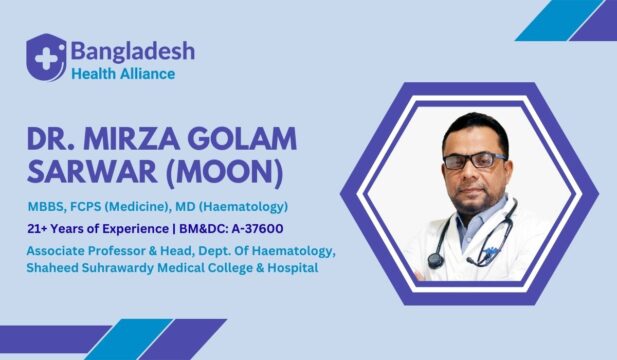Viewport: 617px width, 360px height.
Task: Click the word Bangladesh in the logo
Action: (132, 49)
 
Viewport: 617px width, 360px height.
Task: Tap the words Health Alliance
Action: (122, 74)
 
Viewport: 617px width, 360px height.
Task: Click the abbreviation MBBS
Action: (47, 207)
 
